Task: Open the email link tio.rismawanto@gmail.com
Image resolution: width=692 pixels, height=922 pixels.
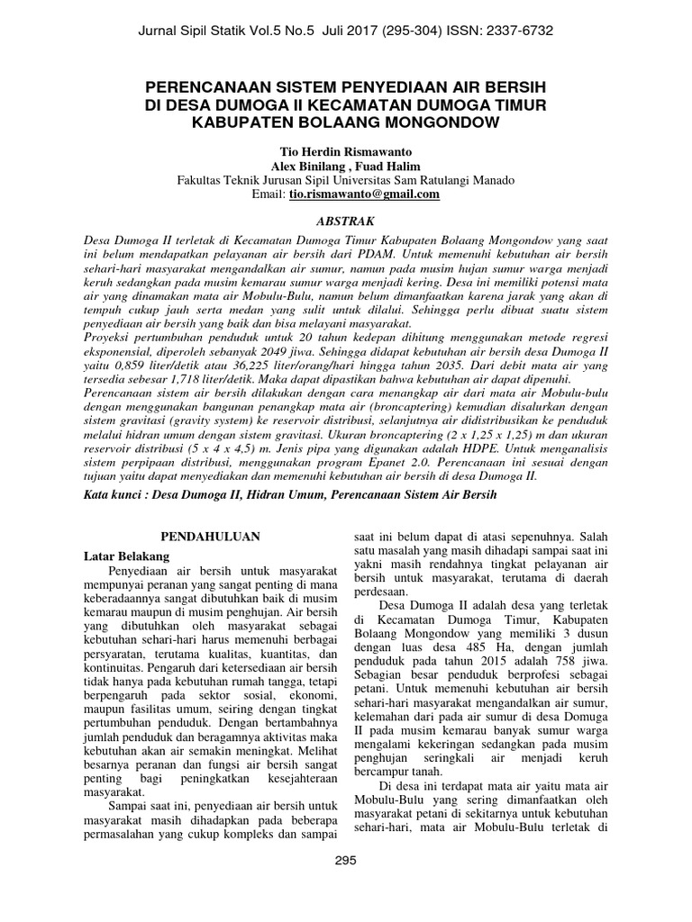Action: [x=364, y=194]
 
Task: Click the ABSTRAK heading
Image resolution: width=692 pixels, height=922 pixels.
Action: [x=346, y=221]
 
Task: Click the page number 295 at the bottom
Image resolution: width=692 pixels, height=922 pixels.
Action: [x=346, y=860]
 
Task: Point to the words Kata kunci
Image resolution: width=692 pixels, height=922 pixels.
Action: [x=110, y=496]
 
